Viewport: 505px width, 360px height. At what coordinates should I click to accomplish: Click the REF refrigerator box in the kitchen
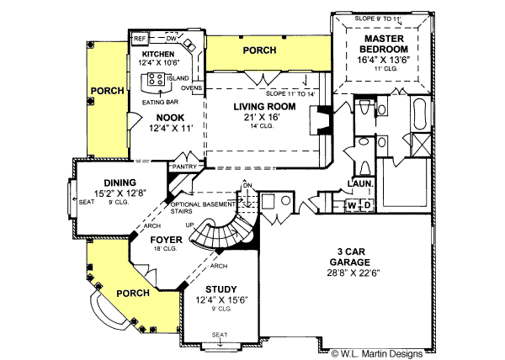[140, 39]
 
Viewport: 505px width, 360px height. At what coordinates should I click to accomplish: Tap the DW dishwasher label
[171, 39]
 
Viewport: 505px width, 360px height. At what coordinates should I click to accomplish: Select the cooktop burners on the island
[156, 79]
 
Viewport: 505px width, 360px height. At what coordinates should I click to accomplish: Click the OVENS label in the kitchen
[192, 87]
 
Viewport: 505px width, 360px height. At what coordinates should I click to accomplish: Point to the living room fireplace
[321, 120]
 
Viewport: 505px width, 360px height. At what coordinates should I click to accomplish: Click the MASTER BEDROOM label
[384, 44]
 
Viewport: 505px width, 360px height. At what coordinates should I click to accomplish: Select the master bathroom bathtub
[420, 114]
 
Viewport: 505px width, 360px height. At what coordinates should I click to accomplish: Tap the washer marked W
[352, 205]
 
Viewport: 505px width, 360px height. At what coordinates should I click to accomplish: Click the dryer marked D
[367, 205]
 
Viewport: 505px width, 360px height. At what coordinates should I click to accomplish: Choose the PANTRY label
[184, 167]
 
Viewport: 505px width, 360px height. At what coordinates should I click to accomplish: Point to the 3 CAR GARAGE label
[351, 257]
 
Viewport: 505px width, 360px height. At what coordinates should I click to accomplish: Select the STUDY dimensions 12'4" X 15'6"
[221, 300]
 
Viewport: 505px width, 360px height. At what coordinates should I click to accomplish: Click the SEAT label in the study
[220, 335]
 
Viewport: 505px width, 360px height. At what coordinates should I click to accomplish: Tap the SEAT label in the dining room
[87, 202]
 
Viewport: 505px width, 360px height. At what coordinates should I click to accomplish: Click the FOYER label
[166, 240]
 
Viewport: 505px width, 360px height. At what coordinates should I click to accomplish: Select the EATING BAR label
[161, 103]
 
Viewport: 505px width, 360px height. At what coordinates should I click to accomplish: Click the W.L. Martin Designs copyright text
[377, 354]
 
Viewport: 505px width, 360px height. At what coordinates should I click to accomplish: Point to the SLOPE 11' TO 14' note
[290, 93]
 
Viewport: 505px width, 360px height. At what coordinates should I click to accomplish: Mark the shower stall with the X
[422, 145]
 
